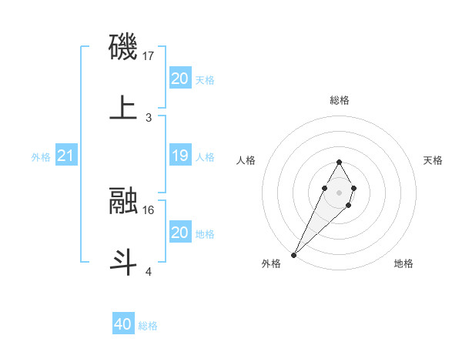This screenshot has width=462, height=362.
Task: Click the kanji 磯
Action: (124, 48)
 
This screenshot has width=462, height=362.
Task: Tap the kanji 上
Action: (124, 109)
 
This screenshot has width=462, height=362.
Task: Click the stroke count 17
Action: (149, 56)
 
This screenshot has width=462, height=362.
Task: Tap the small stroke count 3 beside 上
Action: (149, 118)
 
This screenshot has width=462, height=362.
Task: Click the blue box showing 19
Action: (179, 156)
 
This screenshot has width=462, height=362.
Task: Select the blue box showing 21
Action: (66, 156)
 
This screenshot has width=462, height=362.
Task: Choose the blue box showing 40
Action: (123, 325)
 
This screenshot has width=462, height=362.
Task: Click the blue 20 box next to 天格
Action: (179, 79)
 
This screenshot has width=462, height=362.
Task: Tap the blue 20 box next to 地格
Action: (179, 233)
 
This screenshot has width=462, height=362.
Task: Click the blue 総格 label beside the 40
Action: (148, 326)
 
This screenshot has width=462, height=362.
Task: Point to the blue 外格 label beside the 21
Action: (41, 157)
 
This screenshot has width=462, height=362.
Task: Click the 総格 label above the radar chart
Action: (339, 100)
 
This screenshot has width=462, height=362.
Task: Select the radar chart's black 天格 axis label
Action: (434, 160)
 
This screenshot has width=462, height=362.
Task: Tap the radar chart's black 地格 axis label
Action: (403, 263)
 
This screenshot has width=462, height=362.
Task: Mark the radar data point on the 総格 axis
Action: (339, 162)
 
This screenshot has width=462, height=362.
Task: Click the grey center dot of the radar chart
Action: (339, 191)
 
